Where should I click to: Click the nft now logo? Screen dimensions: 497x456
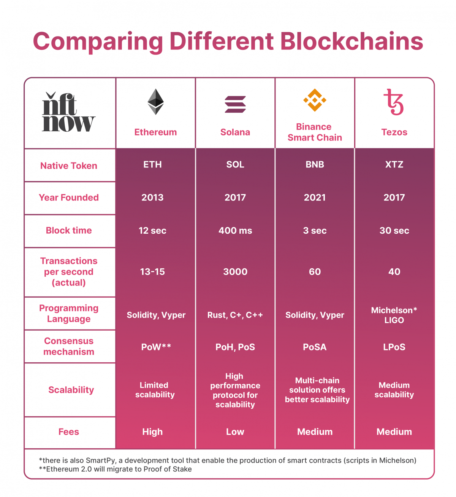click(68, 112)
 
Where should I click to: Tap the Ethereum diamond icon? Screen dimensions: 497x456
click(155, 102)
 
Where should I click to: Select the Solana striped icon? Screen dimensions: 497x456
click(235, 105)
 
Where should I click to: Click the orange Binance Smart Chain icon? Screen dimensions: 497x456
click(315, 100)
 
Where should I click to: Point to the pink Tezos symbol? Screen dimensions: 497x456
click(394, 102)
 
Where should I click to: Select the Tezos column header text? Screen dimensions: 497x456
click(394, 132)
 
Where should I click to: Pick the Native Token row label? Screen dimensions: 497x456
click(69, 166)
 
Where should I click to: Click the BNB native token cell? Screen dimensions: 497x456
click(315, 164)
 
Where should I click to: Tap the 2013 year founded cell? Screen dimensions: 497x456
click(152, 198)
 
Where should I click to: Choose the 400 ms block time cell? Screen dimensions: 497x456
click(235, 231)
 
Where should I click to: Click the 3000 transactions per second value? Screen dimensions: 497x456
click(235, 272)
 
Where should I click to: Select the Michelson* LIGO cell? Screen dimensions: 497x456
click(394, 315)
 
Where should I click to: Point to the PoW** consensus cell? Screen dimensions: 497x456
click(156, 347)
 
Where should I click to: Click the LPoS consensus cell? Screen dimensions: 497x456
click(394, 347)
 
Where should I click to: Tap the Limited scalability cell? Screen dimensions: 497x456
click(155, 390)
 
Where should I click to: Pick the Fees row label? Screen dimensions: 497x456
click(69, 432)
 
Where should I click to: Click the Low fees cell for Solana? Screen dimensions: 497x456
click(235, 432)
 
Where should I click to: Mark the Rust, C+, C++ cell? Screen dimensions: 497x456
click(235, 315)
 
